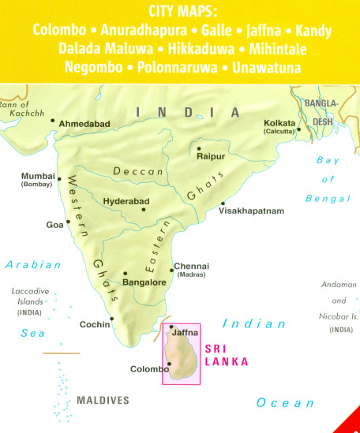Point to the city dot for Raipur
(199, 148)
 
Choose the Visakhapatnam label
(250, 211)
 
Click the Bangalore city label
(144, 282)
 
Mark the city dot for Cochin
(112, 319)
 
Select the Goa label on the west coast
(54, 225)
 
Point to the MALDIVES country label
(103, 401)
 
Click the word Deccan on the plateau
(130, 171)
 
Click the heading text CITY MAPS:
(181, 12)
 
